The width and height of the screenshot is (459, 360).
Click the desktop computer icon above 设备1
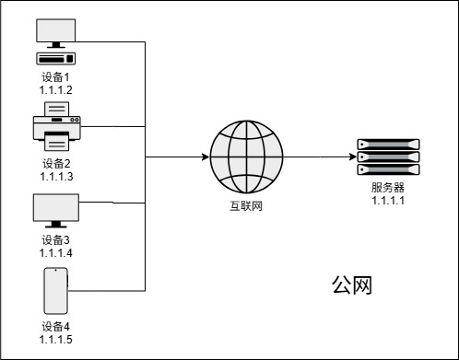pos(56,41)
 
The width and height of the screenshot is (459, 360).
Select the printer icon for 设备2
pos(56,127)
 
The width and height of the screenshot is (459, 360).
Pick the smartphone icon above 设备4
pos(56,292)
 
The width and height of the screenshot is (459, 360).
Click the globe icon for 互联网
pos(243,157)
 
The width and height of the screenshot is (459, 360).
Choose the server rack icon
pos(388,157)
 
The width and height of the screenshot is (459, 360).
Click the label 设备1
pos(56,78)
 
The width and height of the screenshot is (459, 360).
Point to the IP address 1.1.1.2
pos(56,90)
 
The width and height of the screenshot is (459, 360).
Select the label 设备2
pos(56,163)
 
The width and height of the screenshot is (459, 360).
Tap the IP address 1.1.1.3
pos(56,175)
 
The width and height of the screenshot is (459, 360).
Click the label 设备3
pos(56,240)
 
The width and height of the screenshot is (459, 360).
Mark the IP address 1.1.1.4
pos(56,252)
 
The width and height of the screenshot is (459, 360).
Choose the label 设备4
pos(56,327)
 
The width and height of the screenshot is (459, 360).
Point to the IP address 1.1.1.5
pos(56,339)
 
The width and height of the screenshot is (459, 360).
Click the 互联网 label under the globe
pos(244,205)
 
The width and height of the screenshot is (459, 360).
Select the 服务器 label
pos(388,188)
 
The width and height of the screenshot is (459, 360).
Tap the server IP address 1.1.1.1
pos(388,200)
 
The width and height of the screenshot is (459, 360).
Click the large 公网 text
pos(351,285)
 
